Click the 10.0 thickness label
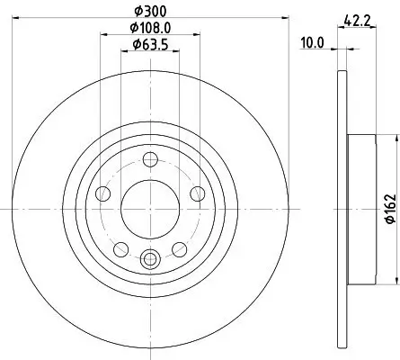pos(313,40)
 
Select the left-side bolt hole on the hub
pos(104,193)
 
